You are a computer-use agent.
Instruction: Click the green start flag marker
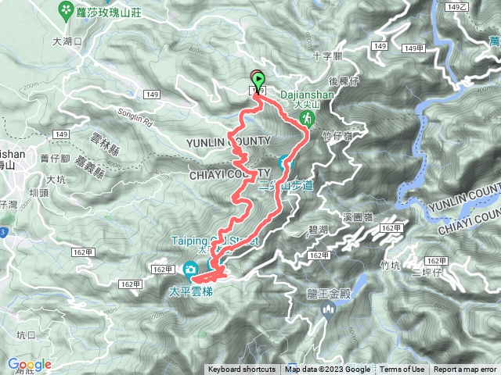click(258, 79)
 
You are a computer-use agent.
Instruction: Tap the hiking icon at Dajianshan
click(308, 119)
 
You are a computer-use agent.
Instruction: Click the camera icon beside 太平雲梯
click(190, 270)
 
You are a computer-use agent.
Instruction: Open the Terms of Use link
click(402, 370)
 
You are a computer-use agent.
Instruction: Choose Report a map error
click(465, 370)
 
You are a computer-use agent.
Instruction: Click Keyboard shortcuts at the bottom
click(241, 370)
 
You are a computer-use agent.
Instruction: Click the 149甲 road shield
click(415, 48)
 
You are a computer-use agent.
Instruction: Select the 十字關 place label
click(326, 56)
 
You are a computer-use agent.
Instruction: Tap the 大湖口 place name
click(67, 41)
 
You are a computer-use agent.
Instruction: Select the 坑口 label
click(25, 334)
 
